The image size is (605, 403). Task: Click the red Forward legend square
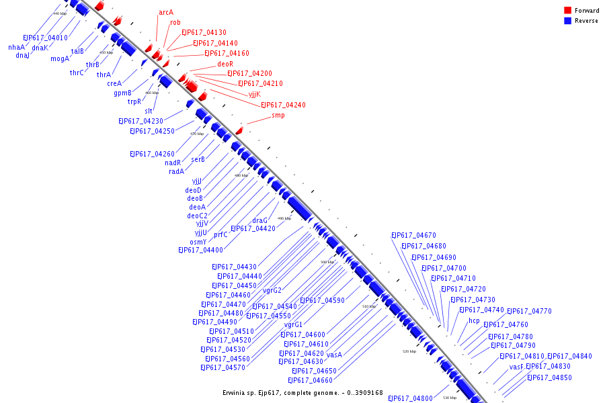567,10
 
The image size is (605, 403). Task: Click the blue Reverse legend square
567,21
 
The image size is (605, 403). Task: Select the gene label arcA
166,12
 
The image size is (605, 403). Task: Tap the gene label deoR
225,64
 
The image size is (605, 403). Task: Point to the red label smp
278,115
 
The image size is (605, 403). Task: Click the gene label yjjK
254,94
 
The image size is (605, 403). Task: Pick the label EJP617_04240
283,105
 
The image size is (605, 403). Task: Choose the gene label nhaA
16,47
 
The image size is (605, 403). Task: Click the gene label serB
198,159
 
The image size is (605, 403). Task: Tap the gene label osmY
198,242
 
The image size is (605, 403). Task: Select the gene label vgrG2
272,290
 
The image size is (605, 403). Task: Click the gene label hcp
474,320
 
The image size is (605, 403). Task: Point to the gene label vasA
334,354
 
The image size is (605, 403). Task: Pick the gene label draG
259,220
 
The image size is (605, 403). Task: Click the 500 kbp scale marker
327,262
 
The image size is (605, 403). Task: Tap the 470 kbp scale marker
197,134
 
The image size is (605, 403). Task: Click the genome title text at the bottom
302,393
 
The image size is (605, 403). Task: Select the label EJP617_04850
549,377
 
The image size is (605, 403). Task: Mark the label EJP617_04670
413,235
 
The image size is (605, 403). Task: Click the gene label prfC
220,235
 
